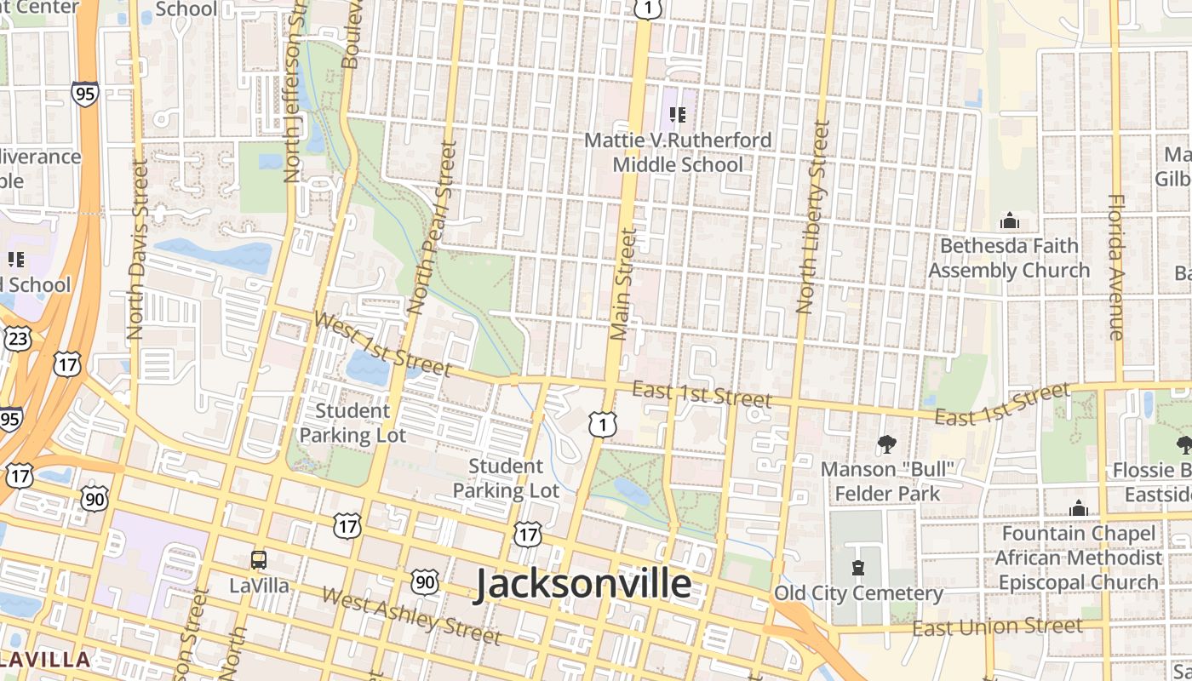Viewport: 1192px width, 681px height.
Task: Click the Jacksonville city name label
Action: pos(582,585)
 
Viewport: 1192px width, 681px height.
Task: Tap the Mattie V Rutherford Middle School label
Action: pos(678,152)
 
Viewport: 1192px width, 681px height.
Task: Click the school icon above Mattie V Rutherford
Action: pos(678,114)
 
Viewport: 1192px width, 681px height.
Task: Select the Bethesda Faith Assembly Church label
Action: pos(1009,258)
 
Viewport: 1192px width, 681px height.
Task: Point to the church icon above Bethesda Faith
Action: pos(1010,221)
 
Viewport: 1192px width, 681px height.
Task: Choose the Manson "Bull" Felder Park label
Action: pos(887,481)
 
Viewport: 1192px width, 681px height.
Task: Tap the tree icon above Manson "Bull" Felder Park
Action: pos(887,444)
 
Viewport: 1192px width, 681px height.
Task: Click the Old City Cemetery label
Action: pos(858,593)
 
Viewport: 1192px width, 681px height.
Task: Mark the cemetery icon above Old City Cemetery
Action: pos(857,568)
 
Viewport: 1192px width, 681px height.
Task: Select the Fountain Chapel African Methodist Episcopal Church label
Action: pos(1079,558)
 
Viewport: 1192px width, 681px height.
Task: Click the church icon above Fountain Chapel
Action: pos(1079,508)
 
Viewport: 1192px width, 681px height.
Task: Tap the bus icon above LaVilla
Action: pos(259,560)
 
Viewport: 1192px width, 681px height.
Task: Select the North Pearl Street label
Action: pos(433,226)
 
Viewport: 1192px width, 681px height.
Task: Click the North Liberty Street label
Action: pos(812,217)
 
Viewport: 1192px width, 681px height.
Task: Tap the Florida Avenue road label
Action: pos(1116,267)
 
